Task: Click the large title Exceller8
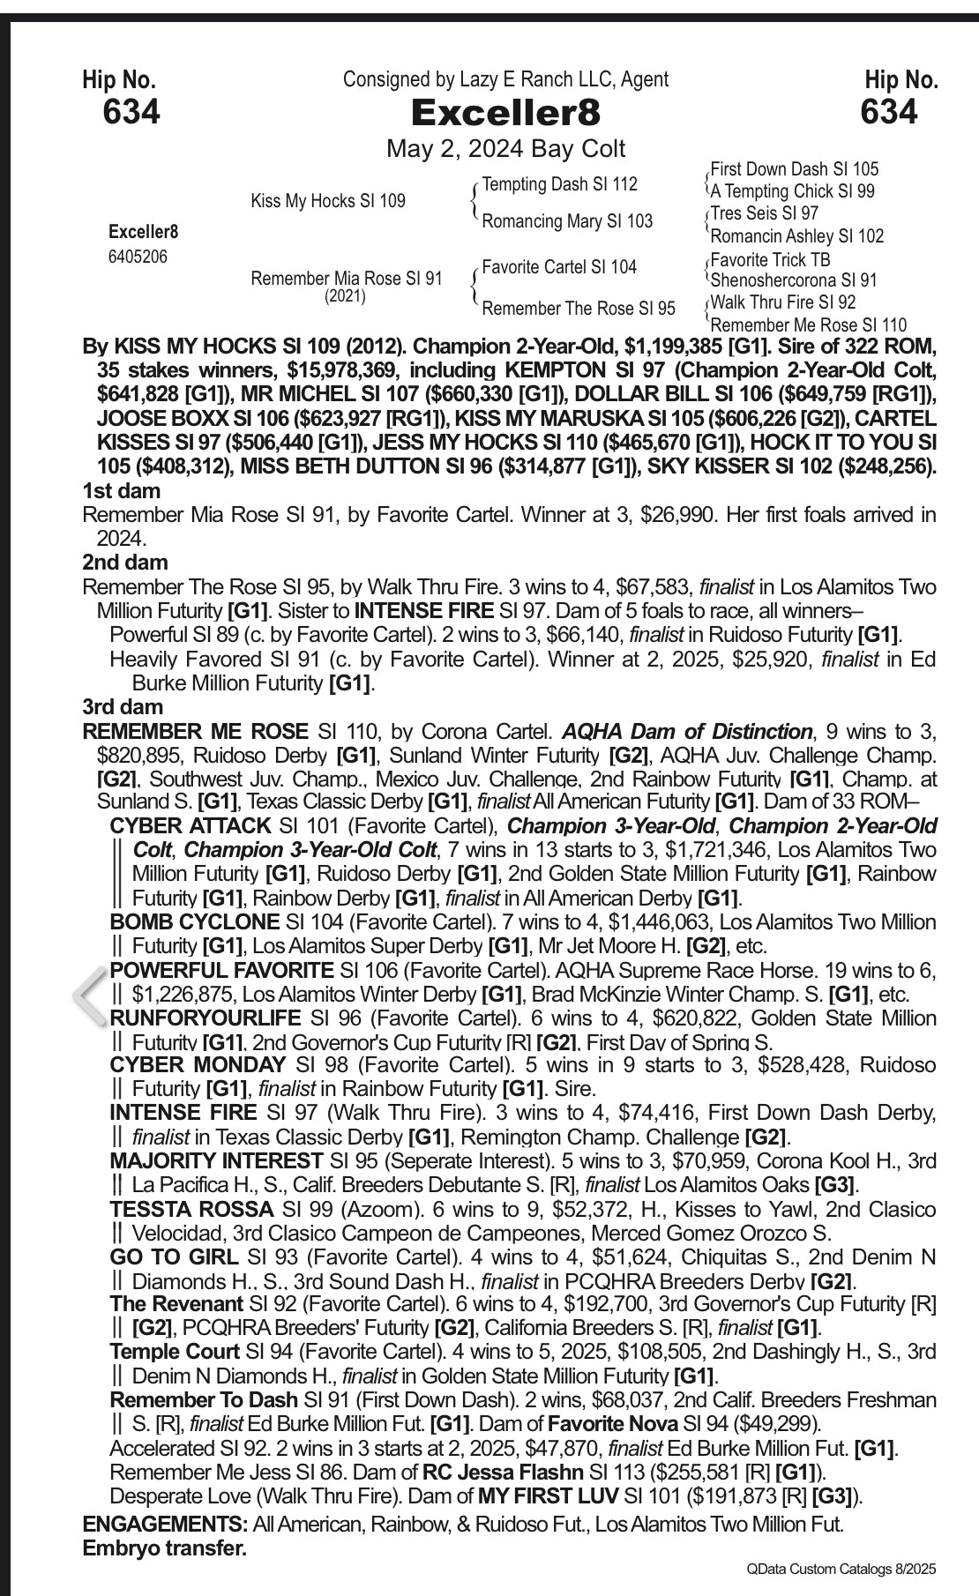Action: click(505, 113)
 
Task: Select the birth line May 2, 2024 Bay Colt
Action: click(505, 148)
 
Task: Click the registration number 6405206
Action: click(138, 257)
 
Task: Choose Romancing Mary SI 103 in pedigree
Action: click(567, 220)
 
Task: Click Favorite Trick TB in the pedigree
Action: click(770, 259)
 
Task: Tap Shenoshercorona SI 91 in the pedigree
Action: click(794, 280)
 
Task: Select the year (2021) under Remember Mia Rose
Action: click(345, 296)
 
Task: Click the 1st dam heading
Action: click(121, 490)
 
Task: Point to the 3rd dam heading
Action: click(123, 706)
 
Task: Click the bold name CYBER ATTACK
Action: click(190, 826)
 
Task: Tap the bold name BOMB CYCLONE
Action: click(194, 922)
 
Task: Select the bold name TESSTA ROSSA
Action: click(191, 1209)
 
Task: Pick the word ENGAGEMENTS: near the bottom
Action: click(165, 1524)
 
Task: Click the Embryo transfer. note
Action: click(164, 1548)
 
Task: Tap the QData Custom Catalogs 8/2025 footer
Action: click(841, 1569)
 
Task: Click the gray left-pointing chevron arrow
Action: click(89, 995)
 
